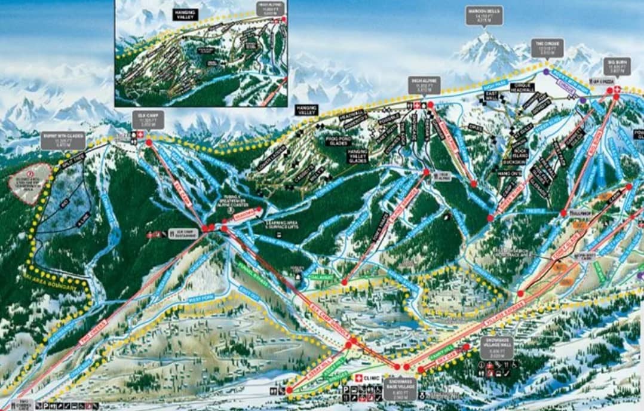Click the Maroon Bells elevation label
pos(484,15)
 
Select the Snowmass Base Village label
pos(399,387)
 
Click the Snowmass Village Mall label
pos(496,346)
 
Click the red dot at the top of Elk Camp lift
pos(148,143)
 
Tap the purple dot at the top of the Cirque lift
pos(545,72)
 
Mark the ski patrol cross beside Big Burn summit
pos(617,90)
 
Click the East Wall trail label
pos(491,96)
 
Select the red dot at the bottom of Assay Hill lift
pos(289,389)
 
